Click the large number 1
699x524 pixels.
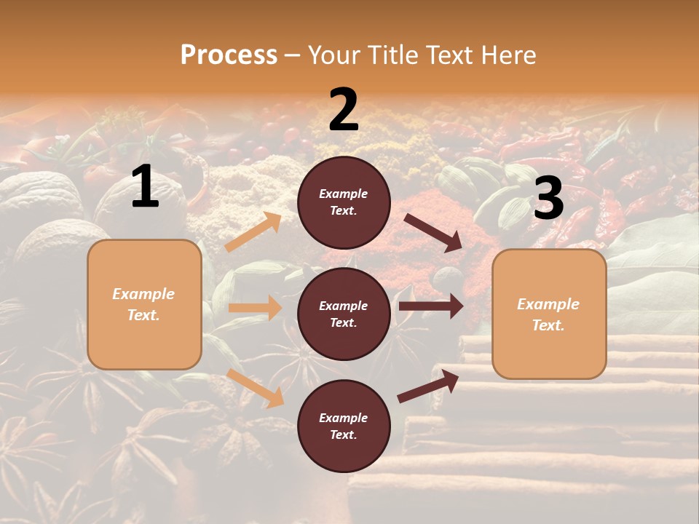145,187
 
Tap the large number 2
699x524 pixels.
344,110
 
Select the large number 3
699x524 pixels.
548,199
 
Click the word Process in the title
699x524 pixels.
229,55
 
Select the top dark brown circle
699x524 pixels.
344,202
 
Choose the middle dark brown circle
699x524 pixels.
344,314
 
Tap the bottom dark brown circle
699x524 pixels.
344,426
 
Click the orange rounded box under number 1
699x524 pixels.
144,304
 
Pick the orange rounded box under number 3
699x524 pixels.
549,314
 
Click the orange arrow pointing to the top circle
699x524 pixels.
253,232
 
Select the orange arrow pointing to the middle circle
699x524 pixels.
256,308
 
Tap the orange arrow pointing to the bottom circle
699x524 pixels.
256,388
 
